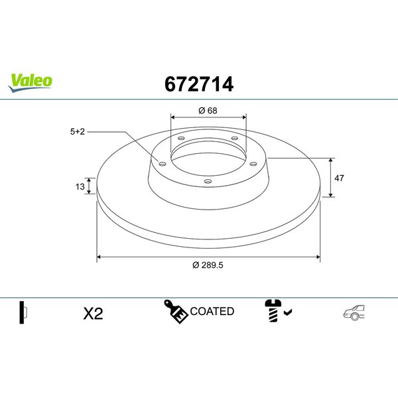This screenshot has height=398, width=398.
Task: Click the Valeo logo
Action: point(30,83)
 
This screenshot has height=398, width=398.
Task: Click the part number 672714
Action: point(199,84)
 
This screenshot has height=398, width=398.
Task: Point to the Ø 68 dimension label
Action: point(208,111)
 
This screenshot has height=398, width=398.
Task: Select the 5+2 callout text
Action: point(78,132)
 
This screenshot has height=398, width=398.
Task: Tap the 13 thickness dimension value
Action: point(80,186)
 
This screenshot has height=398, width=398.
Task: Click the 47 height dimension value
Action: point(339,178)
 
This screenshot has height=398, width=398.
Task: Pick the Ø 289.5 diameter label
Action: point(208,265)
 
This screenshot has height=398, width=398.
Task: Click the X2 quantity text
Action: point(93,314)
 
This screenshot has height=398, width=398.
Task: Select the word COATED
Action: point(212,311)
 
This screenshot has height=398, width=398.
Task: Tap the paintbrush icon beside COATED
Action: point(176,312)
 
